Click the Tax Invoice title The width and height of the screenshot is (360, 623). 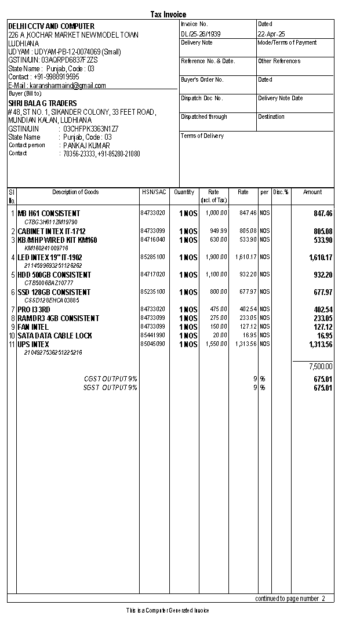click(x=168, y=14)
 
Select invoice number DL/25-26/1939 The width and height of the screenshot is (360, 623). click(x=201, y=34)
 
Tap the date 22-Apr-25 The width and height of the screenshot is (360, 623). click(x=271, y=34)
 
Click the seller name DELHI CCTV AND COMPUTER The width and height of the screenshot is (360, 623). click(x=51, y=27)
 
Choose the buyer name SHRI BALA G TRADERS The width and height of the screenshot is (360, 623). click(x=42, y=104)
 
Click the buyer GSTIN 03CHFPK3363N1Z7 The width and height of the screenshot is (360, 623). click(x=90, y=129)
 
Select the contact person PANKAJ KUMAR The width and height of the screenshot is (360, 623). click(x=87, y=145)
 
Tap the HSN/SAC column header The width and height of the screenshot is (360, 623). click(x=154, y=192)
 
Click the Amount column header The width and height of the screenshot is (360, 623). click(x=312, y=192)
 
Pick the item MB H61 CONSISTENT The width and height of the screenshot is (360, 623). click(x=49, y=214)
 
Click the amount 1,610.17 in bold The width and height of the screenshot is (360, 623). click(x=321, y=257)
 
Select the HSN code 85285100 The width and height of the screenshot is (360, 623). click(x=152, y=257)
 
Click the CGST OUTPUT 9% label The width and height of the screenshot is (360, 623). click(x=111, y=379)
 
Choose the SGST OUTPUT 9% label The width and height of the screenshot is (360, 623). click(x=110, y=388)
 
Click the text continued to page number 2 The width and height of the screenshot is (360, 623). click(x=290, y=599)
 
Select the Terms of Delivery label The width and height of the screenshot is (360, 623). click(x=202, y=136)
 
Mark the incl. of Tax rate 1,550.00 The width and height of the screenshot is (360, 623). click(x=216, y=344)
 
